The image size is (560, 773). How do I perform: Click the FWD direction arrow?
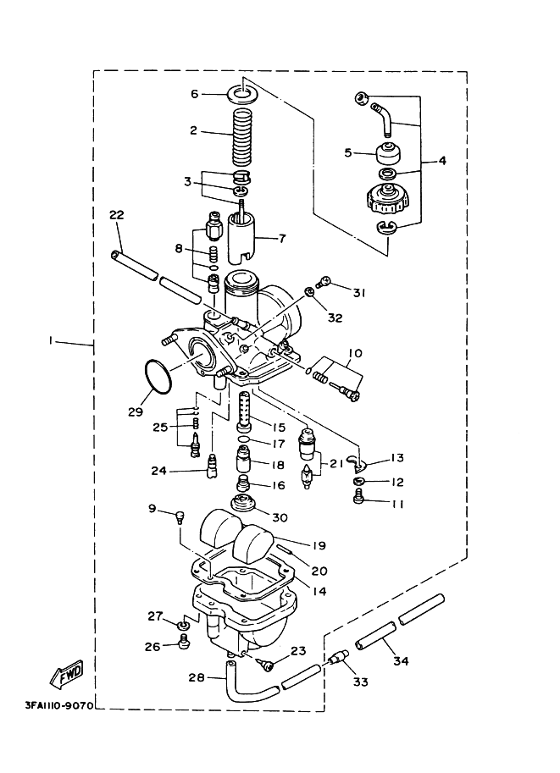[67, 674]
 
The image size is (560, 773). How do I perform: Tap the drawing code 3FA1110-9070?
[59, 705]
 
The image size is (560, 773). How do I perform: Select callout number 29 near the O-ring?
[136, 411]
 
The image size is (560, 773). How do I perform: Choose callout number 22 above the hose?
[117, 215]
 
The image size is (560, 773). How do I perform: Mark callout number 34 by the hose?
[402, 660]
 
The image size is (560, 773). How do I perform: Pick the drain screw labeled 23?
[265, 664]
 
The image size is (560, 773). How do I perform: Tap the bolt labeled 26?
[184, 642]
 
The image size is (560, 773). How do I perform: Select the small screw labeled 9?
[180, 517]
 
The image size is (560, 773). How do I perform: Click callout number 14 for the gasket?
[319, 591]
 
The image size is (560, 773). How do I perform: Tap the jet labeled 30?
[243, 504]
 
